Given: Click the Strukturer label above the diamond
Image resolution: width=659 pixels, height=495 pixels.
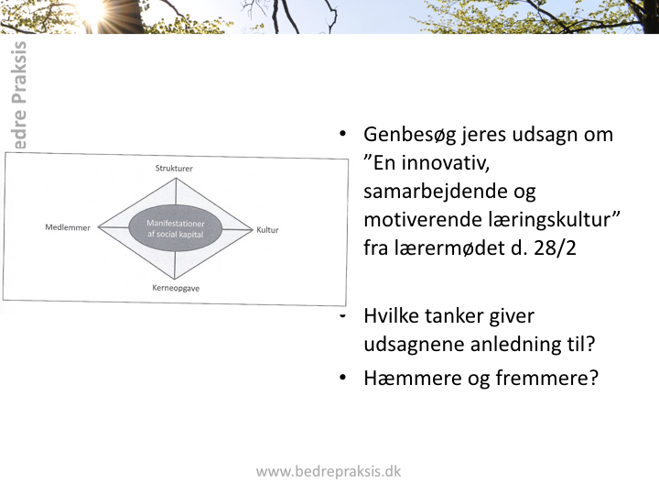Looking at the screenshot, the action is (174, 169).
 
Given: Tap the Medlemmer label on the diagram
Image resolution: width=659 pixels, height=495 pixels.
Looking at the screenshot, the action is (68, 227).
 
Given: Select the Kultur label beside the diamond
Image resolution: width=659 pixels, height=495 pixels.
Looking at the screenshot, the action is (267, 230).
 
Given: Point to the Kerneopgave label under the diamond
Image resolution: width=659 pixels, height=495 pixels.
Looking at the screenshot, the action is (176, 289).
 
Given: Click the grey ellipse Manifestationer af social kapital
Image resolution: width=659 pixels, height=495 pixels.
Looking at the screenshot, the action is (175, 228).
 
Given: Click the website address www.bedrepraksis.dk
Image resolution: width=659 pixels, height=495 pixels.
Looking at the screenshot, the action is (329, 471).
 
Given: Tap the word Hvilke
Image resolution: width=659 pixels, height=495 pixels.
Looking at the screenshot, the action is (391, 316).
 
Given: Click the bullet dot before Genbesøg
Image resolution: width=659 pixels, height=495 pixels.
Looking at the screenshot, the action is (342, 134).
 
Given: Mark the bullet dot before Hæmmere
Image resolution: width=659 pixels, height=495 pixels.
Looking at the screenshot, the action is (342, 377).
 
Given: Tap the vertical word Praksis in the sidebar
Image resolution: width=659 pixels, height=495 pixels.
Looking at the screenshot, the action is (18, 72).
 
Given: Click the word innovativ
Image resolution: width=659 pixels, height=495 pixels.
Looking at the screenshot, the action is (446, 163).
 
